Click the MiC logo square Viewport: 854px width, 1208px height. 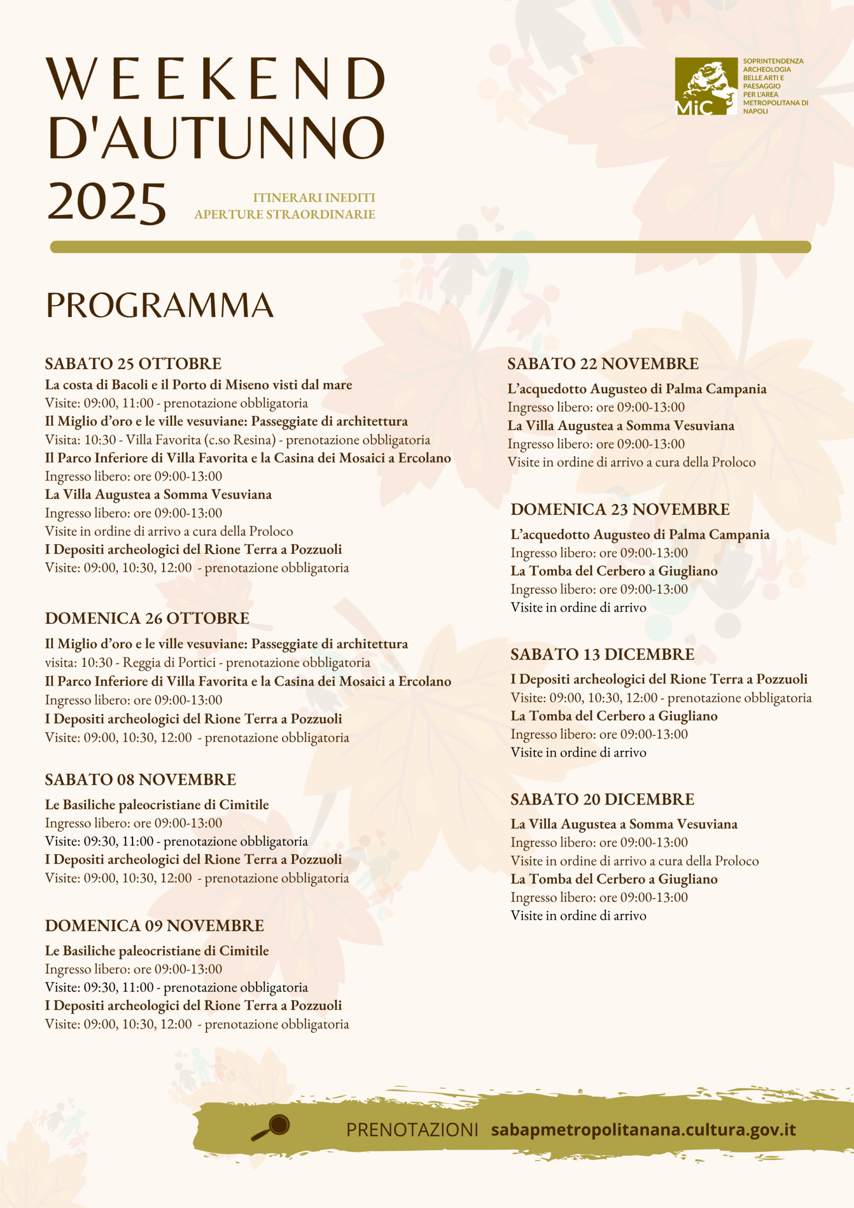(x=706, y=86)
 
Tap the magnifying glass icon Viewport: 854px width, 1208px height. (x=270, y=1127)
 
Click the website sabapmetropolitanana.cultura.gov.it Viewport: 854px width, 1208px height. (x=643, y=1129)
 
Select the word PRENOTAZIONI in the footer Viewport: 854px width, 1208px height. (x=412, y=1130)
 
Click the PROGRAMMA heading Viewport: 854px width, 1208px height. (x=159, y=306)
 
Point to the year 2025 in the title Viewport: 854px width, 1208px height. (x=107, y=202)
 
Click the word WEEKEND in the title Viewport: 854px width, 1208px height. (x=216, y=79)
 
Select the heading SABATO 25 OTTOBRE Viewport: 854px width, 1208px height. (x=133, y=363)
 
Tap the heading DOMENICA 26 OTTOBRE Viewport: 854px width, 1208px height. (x=147, y=618)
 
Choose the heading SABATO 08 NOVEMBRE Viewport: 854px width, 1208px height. (x=141, y=780)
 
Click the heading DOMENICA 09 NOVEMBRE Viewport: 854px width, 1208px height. (x=154, y=925)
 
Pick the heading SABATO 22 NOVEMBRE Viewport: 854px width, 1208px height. (x=603, y=363)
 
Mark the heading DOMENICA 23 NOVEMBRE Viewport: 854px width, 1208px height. (x=620, y=509)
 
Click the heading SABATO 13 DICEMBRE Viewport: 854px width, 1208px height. (x=602, y=654)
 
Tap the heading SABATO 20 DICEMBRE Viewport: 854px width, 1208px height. (x=602, y=799)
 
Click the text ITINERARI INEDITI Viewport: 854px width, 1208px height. (x=314, y=198)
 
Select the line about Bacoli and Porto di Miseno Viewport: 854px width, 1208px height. (x=198, y=385)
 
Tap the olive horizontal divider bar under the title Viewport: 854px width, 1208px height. (x=430, y=247)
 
